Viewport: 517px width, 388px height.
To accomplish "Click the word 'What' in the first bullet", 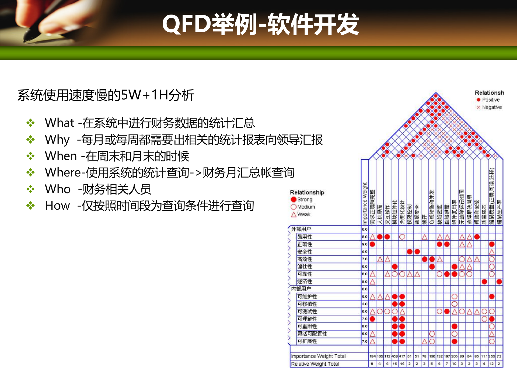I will pos(59,123).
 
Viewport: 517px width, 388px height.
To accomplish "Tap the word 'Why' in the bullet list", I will pos(57,140).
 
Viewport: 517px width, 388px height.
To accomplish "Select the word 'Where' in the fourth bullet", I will pos(63,172).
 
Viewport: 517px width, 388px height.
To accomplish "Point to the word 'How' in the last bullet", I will pos(57,206).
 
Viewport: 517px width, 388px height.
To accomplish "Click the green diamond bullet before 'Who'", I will pos(30,189).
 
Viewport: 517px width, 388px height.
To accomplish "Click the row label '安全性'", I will pos(305,252).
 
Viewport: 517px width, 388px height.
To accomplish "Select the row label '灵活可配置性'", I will pos(312,334).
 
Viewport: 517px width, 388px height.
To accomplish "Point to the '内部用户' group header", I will pos(301,289).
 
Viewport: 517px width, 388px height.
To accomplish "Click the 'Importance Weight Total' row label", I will pos(318,356).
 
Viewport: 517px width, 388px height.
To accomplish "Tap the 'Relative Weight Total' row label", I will pos(315,364).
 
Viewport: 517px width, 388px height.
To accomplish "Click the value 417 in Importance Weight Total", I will pos(402,356).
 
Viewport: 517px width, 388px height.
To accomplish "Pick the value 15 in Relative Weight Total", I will pos(394,364).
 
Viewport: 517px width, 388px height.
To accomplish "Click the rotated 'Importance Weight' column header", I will pos(365,203).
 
